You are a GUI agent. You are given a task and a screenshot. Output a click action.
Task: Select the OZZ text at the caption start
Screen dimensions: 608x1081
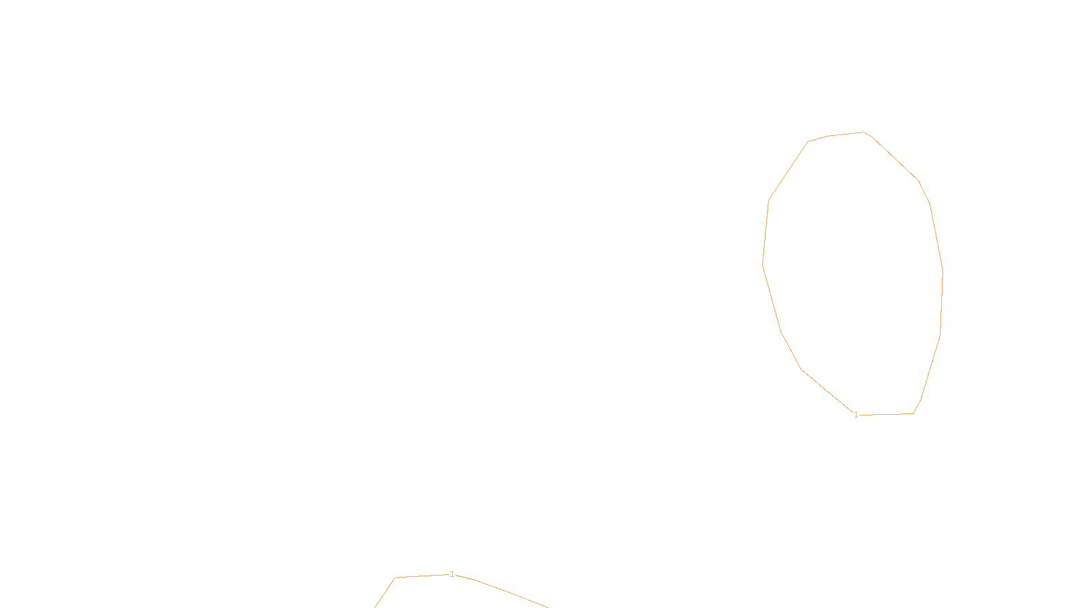pos(513,597)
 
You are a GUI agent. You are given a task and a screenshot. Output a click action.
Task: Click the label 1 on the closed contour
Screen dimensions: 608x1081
pos(856,415)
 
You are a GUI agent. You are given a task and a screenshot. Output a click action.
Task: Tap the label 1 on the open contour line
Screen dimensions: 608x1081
pos(452,574)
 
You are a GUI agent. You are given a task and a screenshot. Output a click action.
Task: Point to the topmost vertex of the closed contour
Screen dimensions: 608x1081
pos(863,132)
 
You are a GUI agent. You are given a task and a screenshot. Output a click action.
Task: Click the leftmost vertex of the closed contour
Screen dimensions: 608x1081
pos(763,263)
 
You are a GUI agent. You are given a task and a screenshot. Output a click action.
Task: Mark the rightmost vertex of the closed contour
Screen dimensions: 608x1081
pos(942,272)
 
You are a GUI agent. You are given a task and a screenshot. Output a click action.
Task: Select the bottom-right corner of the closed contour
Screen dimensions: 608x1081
pos(913,413)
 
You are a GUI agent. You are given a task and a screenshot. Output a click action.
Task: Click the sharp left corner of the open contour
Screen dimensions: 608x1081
pos(395,578)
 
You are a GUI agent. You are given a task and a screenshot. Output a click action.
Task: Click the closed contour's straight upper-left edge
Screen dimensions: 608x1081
pos(788,172)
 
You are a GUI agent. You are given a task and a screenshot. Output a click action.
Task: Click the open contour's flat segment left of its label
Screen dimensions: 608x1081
pos(422,576)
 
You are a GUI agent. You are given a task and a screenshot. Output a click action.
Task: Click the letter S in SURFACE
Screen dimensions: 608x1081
pos(527,597)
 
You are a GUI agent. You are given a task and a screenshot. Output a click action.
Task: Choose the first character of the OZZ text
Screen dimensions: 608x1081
pos(508,597)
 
